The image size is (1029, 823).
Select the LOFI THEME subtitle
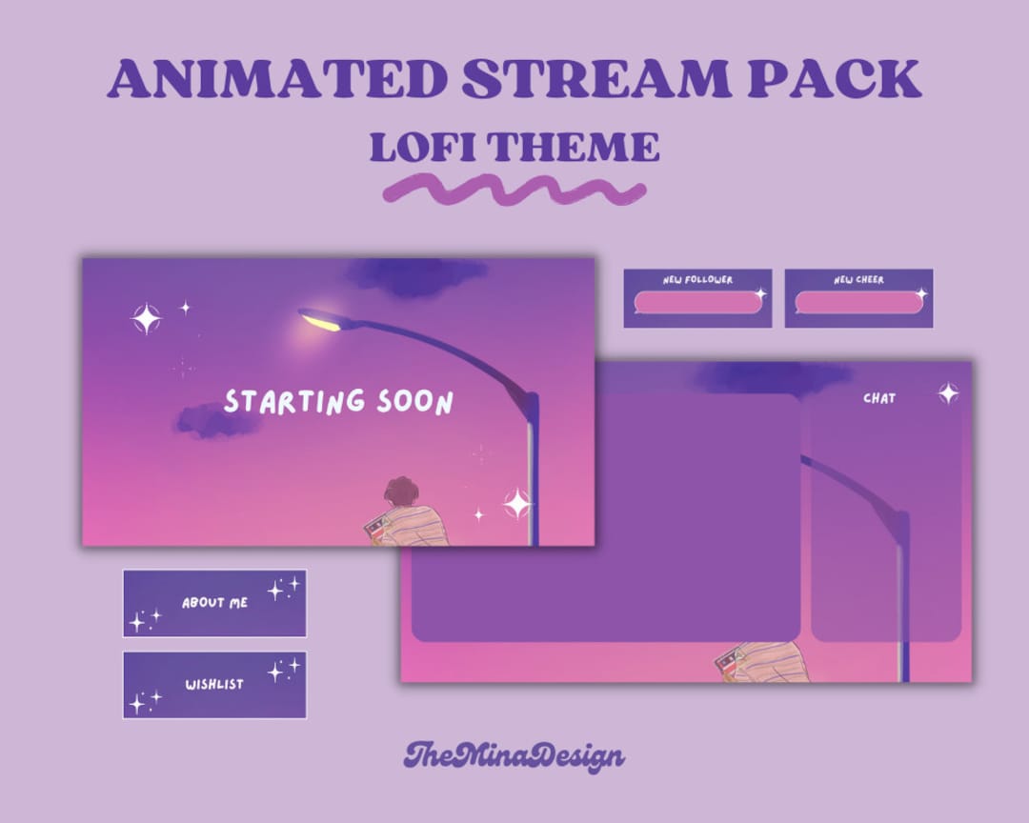[514, 147]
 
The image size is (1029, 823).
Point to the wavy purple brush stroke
[514, 191]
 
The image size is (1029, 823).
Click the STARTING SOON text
[338, 402]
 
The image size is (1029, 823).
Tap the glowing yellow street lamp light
[322, 321]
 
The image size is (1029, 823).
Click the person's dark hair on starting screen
[402, 493]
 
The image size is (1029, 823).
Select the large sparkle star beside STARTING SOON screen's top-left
[146, 318]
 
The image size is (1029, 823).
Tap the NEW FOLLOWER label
[697, 280]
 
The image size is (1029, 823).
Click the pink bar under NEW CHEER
[858, 303]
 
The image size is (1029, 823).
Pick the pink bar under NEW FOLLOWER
[697, 303]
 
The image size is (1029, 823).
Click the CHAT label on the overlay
[879, 398]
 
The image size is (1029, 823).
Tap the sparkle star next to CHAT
[948, 392]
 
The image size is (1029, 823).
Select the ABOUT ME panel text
[214, 603]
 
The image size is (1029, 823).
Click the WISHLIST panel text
[214, 684]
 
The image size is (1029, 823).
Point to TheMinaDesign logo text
[514, 756]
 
